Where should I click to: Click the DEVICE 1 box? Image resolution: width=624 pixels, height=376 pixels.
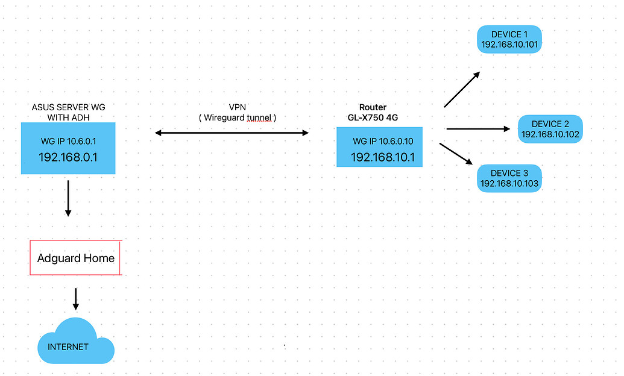point(509,39)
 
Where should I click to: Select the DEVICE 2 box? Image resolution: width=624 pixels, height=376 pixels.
point(550,129)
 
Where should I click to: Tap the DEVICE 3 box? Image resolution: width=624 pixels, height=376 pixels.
point(509,178)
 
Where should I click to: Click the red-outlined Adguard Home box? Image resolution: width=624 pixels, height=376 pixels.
point(75,258)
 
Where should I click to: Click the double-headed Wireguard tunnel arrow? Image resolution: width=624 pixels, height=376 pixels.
point(232,133)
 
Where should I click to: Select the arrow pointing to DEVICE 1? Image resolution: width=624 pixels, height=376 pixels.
point(462,90)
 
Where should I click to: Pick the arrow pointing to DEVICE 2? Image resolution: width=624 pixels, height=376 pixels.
point(478,129)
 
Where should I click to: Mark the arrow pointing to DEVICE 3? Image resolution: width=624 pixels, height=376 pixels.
point(456,154)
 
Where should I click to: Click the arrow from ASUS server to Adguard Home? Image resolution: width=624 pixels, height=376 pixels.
point(68,198)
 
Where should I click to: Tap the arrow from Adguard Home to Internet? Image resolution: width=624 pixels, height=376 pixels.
point(75,299)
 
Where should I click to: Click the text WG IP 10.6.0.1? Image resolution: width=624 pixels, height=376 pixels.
point(69,141)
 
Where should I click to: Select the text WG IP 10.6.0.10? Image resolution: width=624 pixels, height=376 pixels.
point(383,141)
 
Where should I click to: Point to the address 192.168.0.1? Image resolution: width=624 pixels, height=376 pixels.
point(68,157)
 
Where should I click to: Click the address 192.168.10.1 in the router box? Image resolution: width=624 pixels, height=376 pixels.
point(383,157)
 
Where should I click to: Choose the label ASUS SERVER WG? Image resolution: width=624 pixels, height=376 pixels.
point(69,107)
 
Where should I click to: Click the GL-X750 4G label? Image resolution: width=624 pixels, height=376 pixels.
point(373,117)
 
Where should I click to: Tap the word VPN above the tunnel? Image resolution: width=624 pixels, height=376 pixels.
point(237,107)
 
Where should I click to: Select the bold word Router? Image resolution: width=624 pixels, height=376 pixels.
point(373,107)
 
